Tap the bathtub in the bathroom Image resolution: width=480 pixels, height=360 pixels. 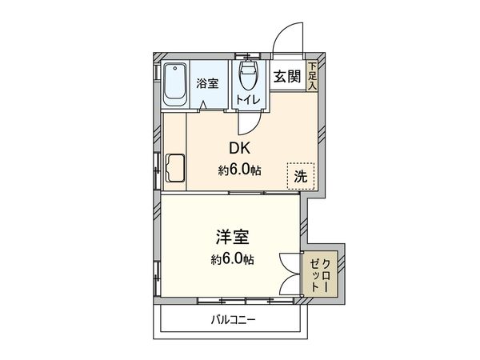pyautogui.click(x=175, y=84)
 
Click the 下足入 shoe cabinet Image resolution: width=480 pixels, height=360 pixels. pyautogui.click(x=312, y=75)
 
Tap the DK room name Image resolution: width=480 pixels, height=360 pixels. pyautogui.click(x=240, y=150)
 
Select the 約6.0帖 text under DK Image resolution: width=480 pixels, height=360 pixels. pyautogui.click(x=240, y=170)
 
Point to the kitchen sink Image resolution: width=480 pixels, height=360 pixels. pyautogui.click(x=174, y=170)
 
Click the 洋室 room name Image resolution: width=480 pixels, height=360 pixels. pyautogui.click(x=233, y=238)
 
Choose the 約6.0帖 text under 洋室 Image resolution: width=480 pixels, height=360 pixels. pyautogui.click(x=233, y=259)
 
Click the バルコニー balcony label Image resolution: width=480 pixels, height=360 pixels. pyautogui.click(x=233, y=321)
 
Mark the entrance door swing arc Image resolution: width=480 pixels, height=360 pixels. pyautogui.click(x=283, y=36)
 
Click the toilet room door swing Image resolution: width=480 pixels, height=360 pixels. pyautogui.click(x=250, y=122)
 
